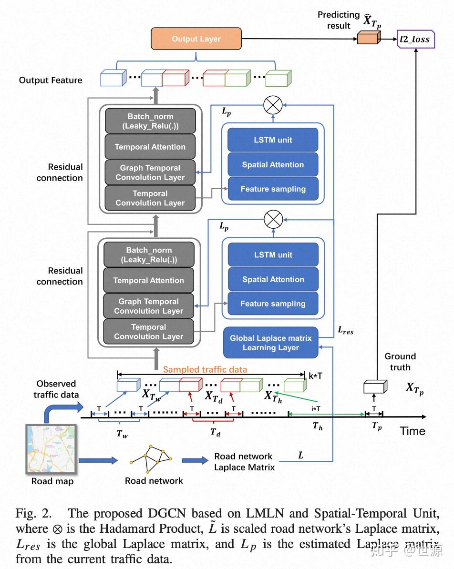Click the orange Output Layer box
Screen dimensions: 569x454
[x=196, y=39]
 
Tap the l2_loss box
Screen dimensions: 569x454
[x=414, y=39]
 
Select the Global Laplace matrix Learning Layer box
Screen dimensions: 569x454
[x=270, y=343]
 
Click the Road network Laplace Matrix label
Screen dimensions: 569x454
[x=244, y=462]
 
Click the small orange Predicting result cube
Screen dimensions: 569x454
[x=368, y=37]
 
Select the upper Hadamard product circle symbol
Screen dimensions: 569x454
[x=273, y=105]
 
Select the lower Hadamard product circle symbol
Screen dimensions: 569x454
[x=273, y=221]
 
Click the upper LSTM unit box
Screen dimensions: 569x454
[x=273, y=140]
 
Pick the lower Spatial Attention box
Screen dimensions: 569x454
[x=273, y=279]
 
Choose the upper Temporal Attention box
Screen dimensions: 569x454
[x=150, y=147]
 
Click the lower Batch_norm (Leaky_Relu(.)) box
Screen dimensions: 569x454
[x=149, y=255]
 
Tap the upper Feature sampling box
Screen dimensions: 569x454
[x=273, y=189]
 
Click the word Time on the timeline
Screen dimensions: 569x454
[x=413, y=431]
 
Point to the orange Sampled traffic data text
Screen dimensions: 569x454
[x=205, y=369]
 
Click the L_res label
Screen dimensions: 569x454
[x=346, y=330]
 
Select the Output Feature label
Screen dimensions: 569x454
[x=51, y=80]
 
